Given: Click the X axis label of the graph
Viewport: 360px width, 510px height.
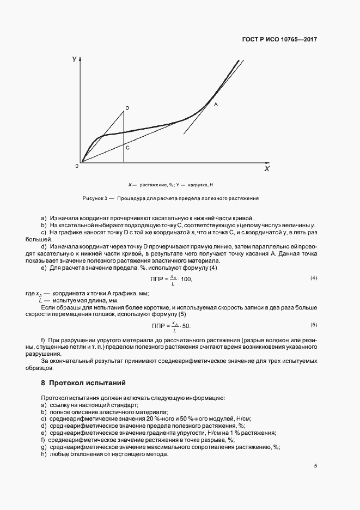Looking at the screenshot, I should [267, 169].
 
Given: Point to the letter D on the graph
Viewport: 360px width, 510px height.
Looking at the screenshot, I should [127, 108].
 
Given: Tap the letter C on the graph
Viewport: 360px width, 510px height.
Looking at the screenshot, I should [127, 147].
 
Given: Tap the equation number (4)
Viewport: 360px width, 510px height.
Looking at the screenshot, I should [314, 278].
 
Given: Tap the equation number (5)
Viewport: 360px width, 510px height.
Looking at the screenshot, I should [314, 325].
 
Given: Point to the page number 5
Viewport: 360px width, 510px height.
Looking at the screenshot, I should [315, 465].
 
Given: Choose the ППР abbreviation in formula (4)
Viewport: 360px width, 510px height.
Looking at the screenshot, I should [158, 279].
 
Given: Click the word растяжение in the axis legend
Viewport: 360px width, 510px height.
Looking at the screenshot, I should [148, 185].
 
